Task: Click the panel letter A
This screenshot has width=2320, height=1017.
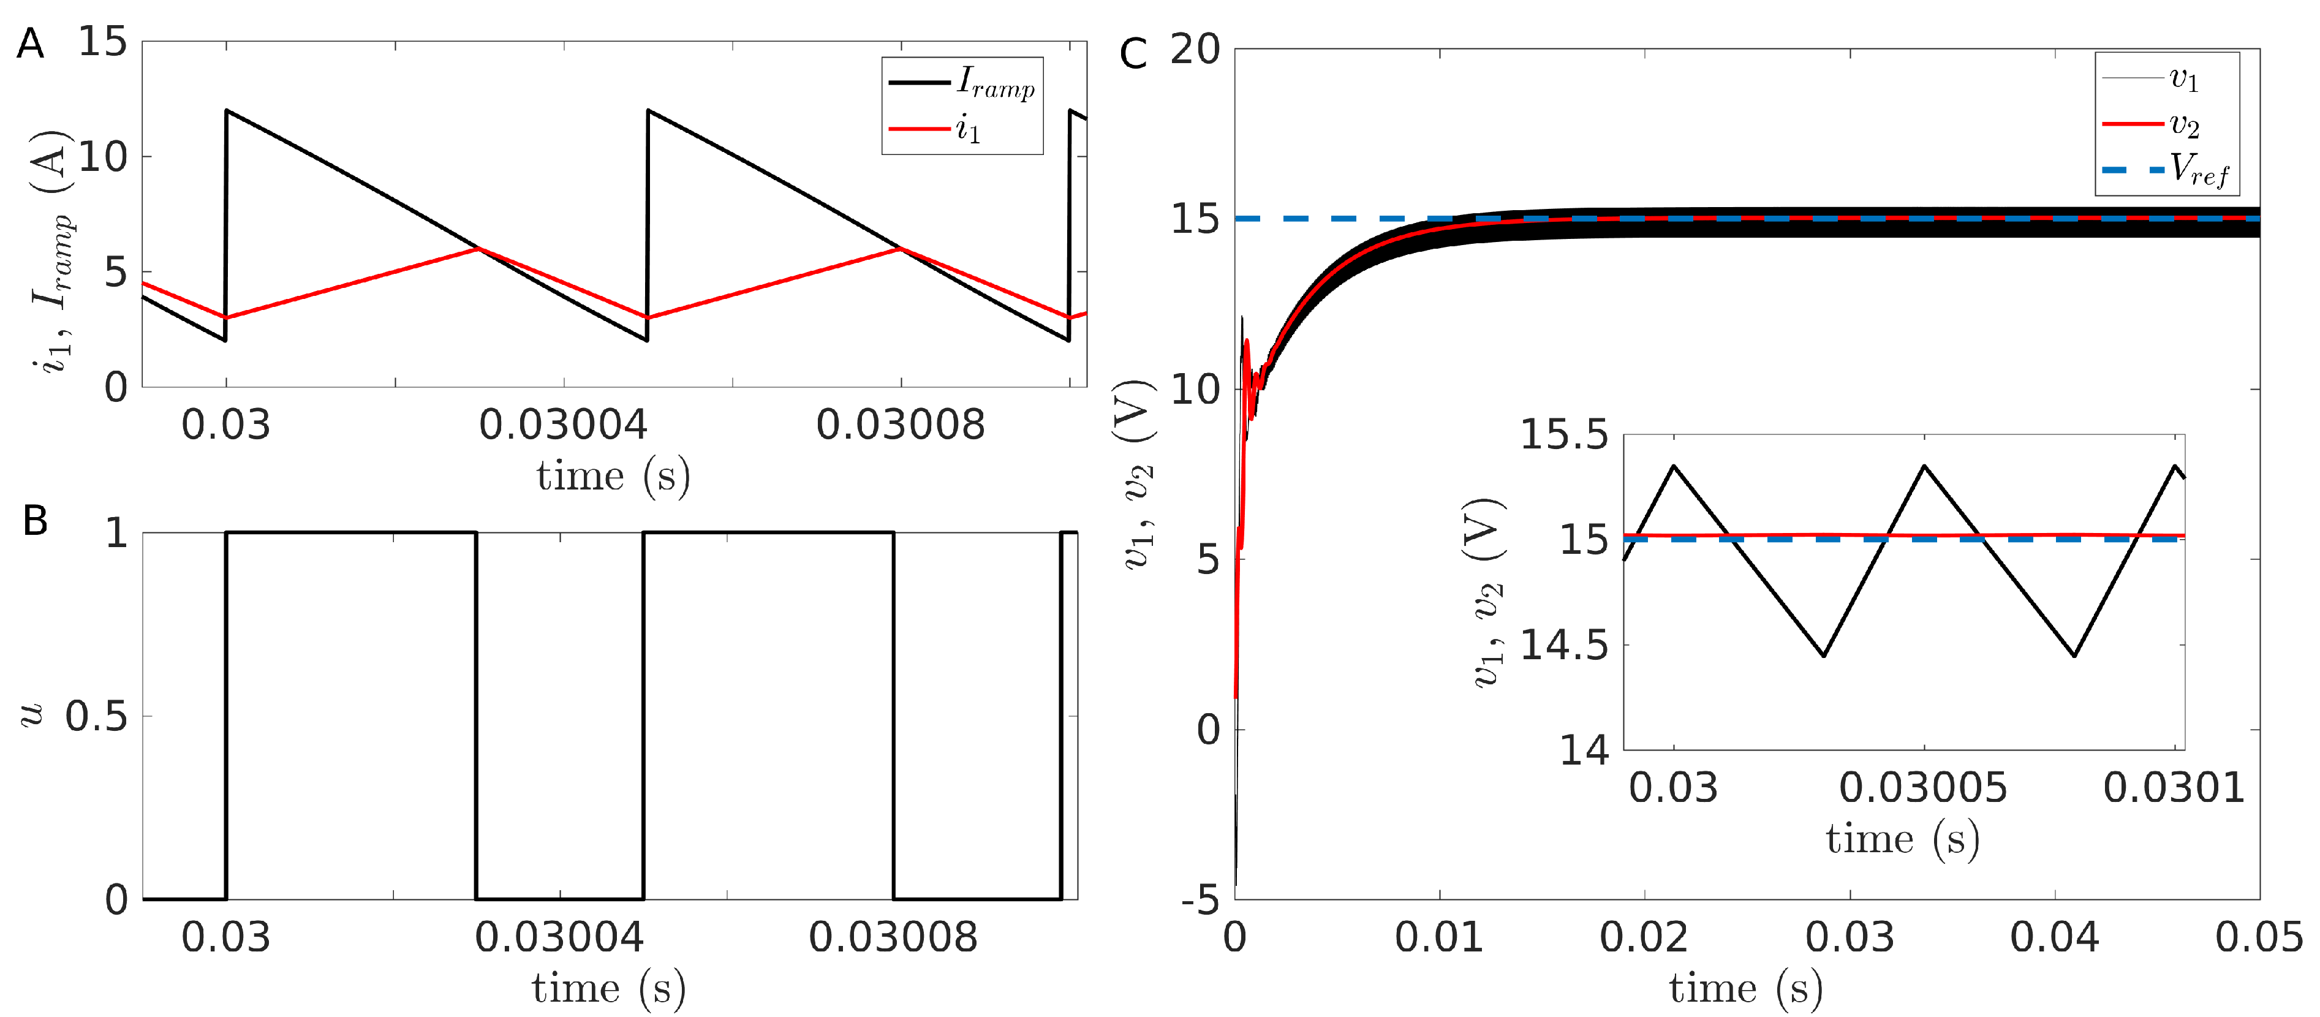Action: click(x=30, y=44)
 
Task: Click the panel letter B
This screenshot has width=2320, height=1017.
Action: click(x=34, y=521)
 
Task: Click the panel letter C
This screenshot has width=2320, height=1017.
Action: click(x=1133, y=54)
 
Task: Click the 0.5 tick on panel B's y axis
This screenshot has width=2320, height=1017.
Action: click(x=96, y=717)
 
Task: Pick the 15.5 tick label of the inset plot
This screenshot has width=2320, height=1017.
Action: click(x=1563, y=436)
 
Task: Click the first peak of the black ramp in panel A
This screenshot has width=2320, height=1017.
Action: click(x=227, y=111)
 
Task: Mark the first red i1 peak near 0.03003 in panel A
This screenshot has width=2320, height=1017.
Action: click(x=479, y=249)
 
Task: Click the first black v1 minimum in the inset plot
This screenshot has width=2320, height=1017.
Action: click(x=1823, y=655)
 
